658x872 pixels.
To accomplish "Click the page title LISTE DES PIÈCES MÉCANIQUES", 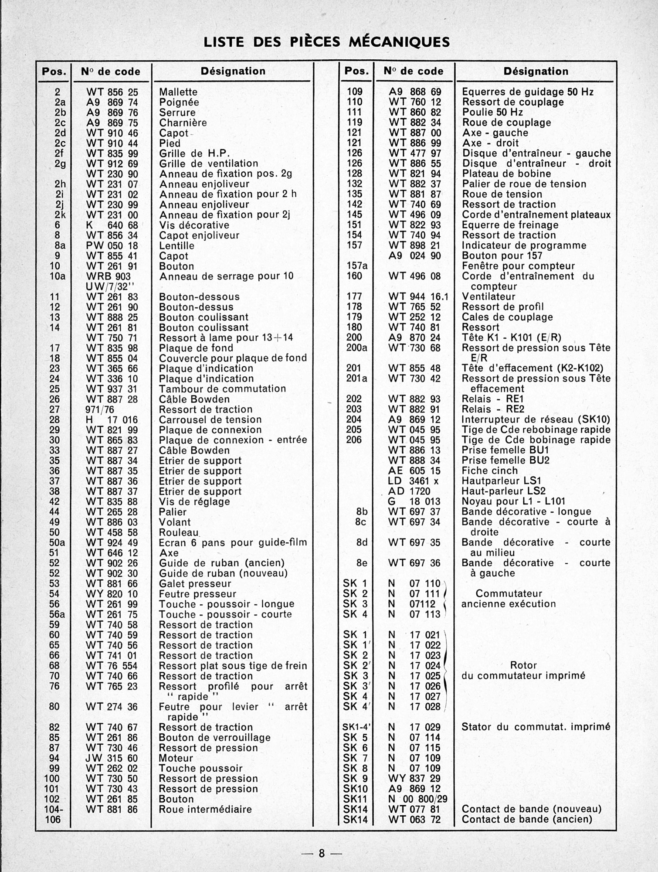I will [326, 42].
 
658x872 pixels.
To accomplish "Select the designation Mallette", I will [178, 92].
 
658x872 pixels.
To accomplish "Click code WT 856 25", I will [112, 92].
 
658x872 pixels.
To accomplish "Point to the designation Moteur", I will [176, 758].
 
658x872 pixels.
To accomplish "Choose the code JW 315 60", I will [112, 758].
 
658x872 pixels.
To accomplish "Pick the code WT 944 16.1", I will [418, 296].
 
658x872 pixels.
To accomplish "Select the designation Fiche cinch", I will [489, 470].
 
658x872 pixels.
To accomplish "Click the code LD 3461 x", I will [413, 481].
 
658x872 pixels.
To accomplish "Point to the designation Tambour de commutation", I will [222, 388].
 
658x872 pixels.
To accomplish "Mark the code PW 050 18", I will [112, 245].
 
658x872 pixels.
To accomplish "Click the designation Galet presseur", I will [195, 583].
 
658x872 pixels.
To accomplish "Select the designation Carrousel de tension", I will [210, 419].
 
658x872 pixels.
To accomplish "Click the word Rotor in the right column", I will [523, 665].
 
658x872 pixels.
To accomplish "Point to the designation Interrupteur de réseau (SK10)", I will [536, 419].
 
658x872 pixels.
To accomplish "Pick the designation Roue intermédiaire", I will [205, 809].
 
